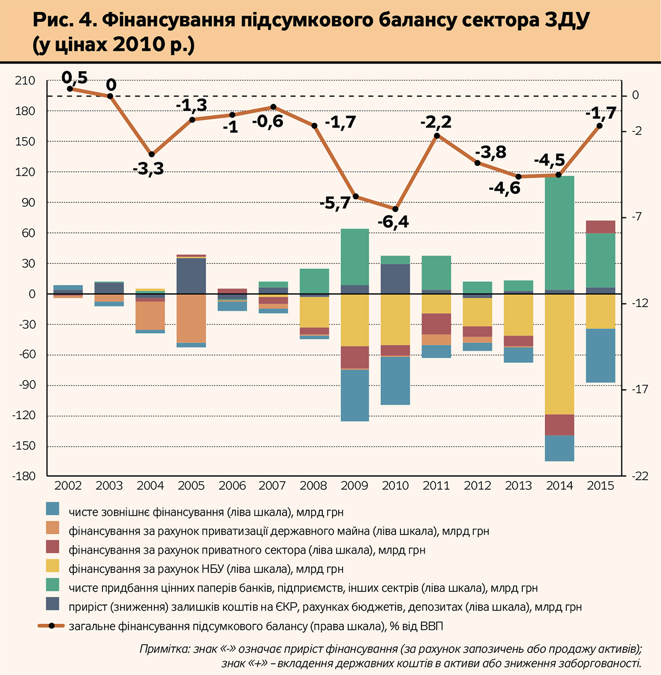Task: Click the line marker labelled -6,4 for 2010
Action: click(395, 209)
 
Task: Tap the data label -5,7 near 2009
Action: click(335, 203)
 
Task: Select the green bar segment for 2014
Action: click(560, 233)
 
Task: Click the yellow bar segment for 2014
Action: click(560, 354)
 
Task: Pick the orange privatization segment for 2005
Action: click(191, 318)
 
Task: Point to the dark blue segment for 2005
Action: click(191, 276)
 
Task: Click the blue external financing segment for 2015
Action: click(600, 356)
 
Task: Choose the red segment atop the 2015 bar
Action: click(600, 227)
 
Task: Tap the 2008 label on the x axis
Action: click(313, 486)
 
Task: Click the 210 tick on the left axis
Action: click(25, 81)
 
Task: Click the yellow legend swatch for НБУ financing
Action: click(53, 566)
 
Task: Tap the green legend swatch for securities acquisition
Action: click(53, 585)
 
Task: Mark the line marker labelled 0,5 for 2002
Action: click(70, 88)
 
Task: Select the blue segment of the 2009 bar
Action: click(355, 395)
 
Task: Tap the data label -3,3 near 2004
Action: click(148, 169)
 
